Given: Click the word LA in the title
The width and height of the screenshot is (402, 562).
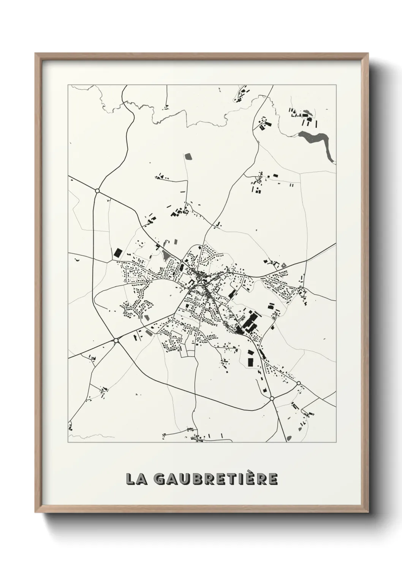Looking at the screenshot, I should tap(136, 479).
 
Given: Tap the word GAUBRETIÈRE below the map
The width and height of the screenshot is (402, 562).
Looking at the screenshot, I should tap(216, 479).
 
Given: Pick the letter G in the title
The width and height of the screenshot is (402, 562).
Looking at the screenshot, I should tap(160, 479).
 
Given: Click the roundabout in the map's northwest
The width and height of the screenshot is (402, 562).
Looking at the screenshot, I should tap(97, 191).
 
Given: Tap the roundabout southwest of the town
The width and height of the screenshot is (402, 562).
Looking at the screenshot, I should tap(116, 341).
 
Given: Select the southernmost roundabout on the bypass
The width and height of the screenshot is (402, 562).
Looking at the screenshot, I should tap(272, 398).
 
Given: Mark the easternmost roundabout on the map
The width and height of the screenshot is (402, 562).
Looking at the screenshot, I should tap(299, 383).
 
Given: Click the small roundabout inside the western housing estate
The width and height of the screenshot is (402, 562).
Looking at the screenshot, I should tap(136, 272).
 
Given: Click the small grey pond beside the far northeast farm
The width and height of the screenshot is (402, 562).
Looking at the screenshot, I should tap(306, 113).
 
